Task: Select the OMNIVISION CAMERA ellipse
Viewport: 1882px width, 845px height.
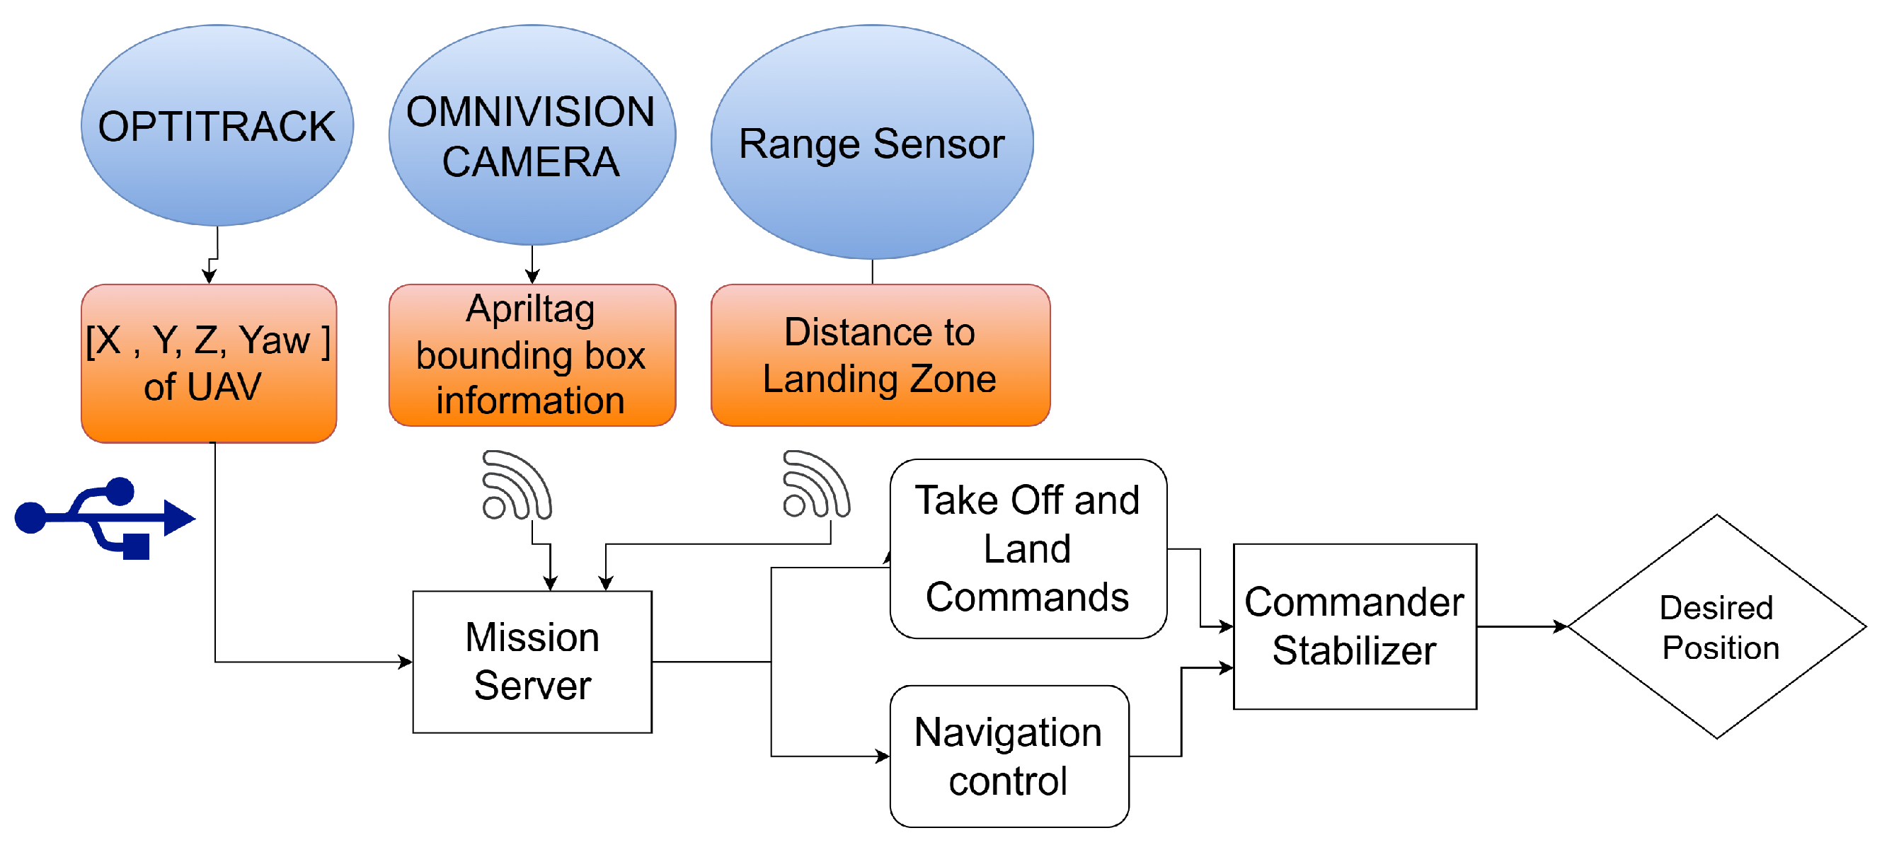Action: [532, 134]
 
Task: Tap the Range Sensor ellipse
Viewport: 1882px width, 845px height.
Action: [872, 142]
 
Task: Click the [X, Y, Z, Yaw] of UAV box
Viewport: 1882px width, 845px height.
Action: [209, 363]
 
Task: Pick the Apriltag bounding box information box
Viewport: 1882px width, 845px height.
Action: [532, 355]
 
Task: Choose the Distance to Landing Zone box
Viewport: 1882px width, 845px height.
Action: [880, 355]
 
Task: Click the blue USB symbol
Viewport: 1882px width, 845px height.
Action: [105, 519]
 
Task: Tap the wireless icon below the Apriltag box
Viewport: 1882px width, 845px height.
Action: [517, 485]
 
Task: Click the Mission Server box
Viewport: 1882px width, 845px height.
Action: [532, 662]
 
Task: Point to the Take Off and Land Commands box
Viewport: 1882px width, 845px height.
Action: [1028, 548]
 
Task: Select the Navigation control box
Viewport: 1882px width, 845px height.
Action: [1009, 756]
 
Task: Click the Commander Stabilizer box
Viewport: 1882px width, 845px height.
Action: [1355, 626]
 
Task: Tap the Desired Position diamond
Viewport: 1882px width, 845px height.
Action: [1717, 626]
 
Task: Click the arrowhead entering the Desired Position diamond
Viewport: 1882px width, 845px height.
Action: [1560, 626]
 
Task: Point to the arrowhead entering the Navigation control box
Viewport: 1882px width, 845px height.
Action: [883, 756]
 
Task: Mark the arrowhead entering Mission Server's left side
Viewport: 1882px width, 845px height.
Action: [406, 662]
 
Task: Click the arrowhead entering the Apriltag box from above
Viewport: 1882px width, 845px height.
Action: [532, 277]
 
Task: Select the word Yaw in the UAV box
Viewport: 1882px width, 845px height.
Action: [275, 340]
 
